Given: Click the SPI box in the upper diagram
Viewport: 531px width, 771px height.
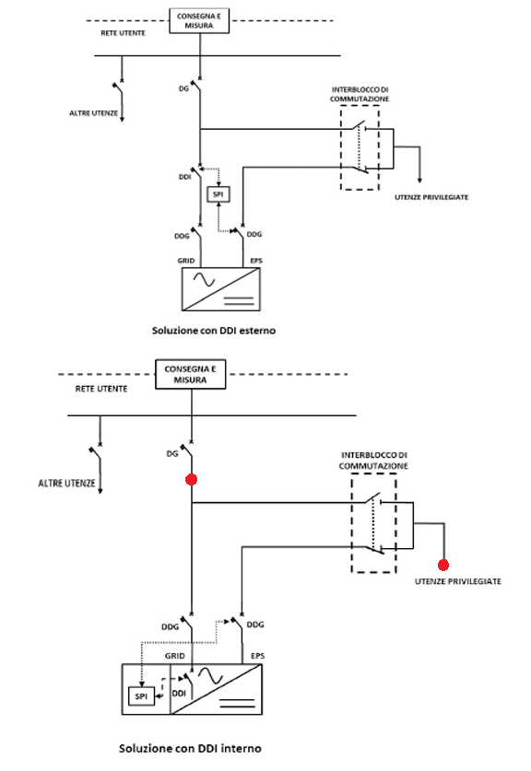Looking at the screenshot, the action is click(x=218, y=193).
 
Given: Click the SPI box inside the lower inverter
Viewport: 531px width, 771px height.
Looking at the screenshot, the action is click(x=141, y=696).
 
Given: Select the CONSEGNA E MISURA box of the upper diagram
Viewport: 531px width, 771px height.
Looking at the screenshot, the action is click(x=199, y=20).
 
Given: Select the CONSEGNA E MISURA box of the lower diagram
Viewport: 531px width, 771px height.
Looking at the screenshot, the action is click(x=191, y=374).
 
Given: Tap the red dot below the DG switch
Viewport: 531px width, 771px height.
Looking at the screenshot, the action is click(x=191, y=479).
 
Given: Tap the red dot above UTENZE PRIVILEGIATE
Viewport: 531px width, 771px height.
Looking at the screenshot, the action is click(x=443, y=565).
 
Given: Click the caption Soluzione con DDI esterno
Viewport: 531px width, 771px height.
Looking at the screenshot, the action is click(x=214, y=331).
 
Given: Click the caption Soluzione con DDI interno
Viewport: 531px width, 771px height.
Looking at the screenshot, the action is click(x=190, y=748).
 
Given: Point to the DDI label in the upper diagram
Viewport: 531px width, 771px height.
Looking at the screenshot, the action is click(x=185, y=177).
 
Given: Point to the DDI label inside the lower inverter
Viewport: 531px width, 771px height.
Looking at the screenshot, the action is click(x=179, y=694).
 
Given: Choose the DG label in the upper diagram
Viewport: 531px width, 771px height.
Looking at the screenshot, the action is click(x=183, y=88).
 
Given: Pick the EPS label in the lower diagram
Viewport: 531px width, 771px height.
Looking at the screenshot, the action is click(x=258, y=656).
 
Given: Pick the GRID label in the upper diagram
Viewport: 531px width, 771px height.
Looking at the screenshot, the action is click(x=186, y=261).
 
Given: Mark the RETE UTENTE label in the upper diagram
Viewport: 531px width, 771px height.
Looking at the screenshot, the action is click(x=123, y=33).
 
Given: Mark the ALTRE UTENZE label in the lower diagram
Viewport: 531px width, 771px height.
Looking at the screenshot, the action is click(x=67, y=484).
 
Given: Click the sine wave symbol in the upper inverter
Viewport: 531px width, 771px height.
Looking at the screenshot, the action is click(x=205, y=280).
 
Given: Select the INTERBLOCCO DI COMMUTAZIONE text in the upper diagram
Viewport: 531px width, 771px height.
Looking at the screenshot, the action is click(x=360, y=94).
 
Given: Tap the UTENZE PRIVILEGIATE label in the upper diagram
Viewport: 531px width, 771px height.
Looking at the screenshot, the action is click(x=431, y=197).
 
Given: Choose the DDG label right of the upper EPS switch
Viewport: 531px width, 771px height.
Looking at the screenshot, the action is click(x=254, y=234).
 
